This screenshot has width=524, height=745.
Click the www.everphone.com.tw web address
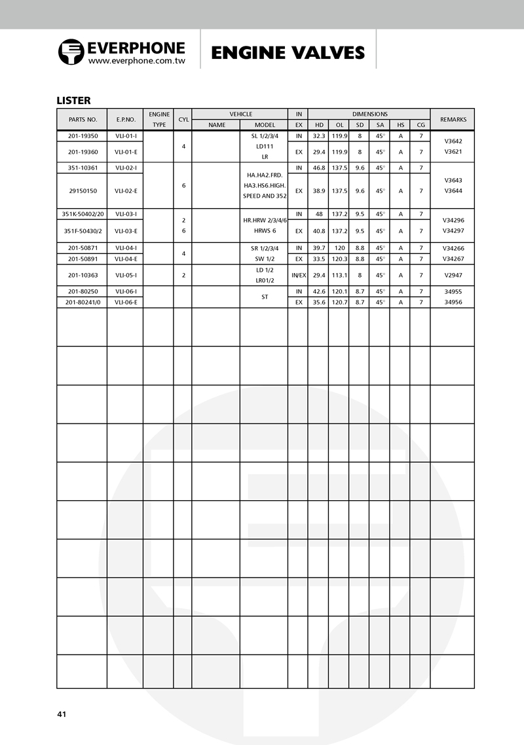(x=136, y=60)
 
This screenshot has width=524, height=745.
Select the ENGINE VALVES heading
(x=288, y=53)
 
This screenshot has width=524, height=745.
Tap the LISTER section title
(x=73, y=100)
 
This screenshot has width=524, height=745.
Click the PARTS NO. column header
(x=83, y=120)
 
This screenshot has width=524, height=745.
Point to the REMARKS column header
(x=453, y=120)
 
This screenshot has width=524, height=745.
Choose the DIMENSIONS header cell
(x=369, y=114)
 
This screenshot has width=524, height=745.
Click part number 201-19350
(x=83, y=136)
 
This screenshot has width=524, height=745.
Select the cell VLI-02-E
(x=126, y=191)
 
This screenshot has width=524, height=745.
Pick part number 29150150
(x=83, y=191)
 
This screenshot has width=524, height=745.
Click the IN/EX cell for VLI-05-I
(x=298, y=276)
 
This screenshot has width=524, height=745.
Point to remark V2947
(x=453, y=276)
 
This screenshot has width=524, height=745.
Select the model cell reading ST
(x=265, y=297)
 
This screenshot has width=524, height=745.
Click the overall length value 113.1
(x=339, y=276)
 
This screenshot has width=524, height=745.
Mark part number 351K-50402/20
(x=83, y=213)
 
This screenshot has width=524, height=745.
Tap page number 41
(x=62, y=714)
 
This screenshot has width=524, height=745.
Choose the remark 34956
(x=453, y=302)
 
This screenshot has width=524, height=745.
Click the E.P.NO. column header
(x=126, y=120)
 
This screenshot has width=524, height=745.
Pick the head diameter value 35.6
(x=319, y=302)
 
